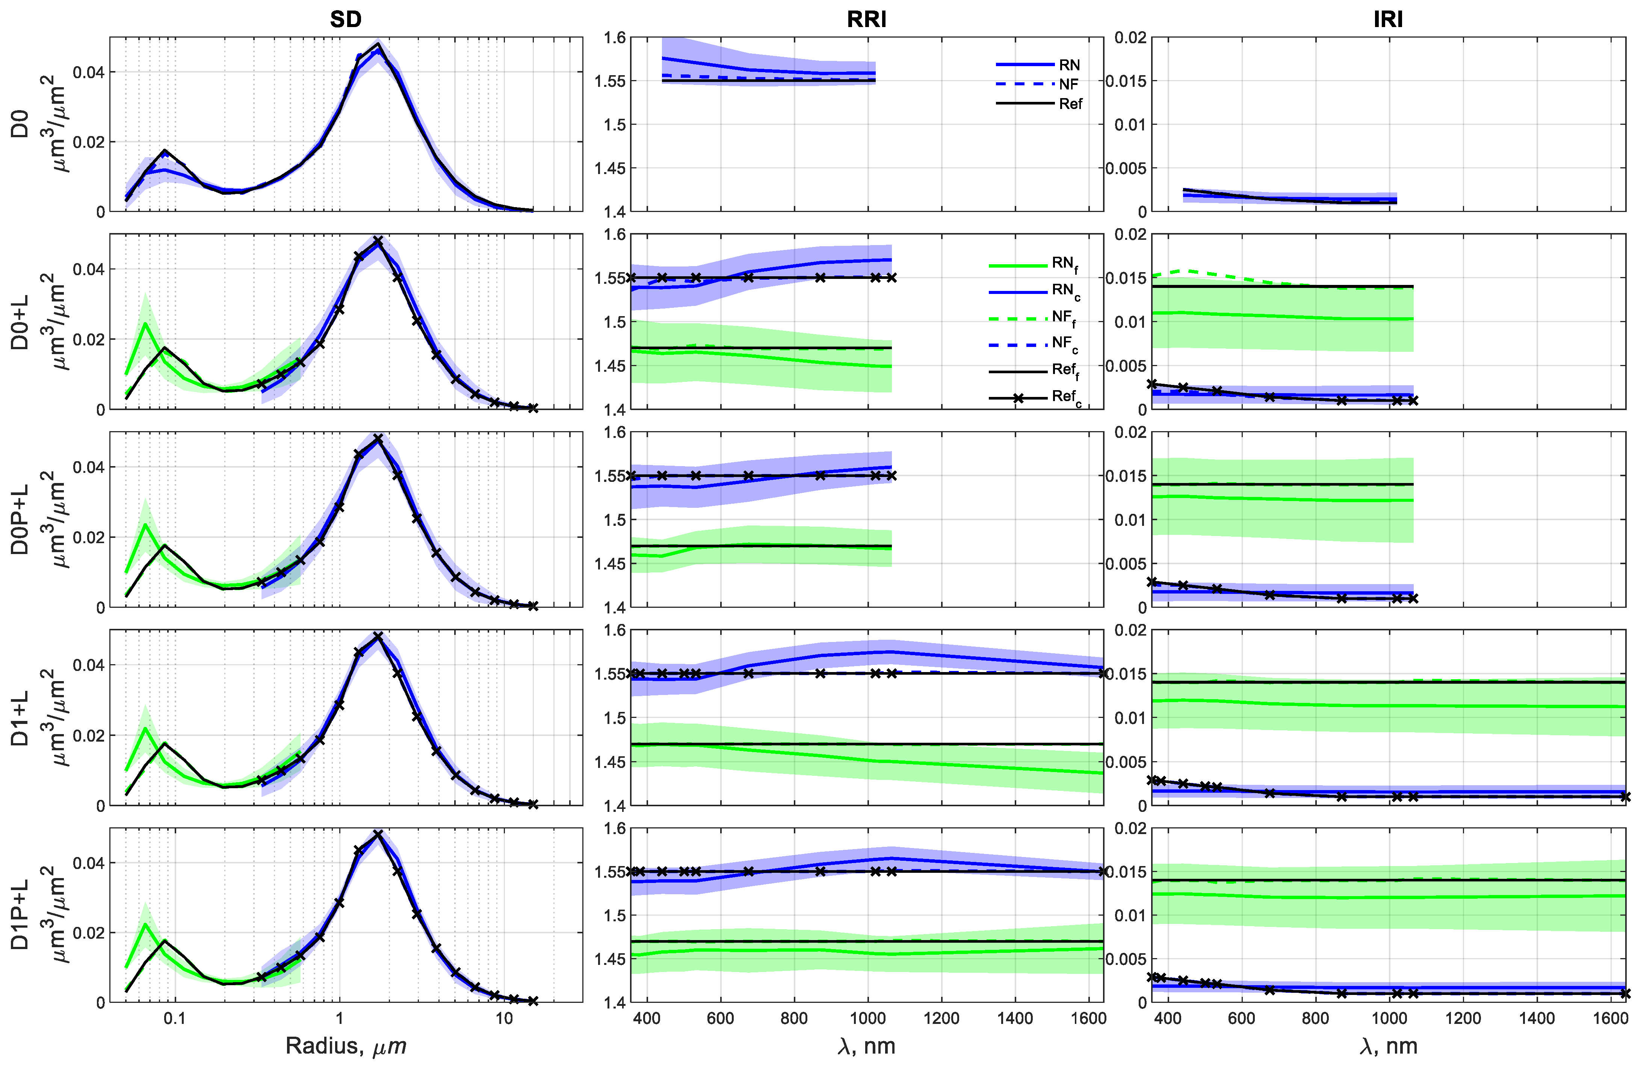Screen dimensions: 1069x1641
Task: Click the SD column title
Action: pyautogui.click(x=345, y=19)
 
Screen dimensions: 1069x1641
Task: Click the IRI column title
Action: pyautogui.click(x=1387, y=19)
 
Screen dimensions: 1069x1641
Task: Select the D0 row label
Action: pyautogui.click(x=21, y=124)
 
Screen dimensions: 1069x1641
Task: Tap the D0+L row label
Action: pyautogui.click(x=21, y=322)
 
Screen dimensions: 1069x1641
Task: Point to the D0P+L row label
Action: pyautogui.click(x=21, y=519)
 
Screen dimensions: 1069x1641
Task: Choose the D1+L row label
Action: pyautogui.click(x=21, y=717)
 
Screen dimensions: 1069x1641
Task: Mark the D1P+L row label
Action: pyautogui.click(x=21, y=915)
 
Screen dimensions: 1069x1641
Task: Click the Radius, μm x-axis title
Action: pyautogui.click(x=345, y=1046)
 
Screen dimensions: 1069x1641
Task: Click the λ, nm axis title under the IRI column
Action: pyautogui.click(x=1387, y=1046)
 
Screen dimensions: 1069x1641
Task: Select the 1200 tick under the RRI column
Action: pyautogui.click(x=941, y=1019)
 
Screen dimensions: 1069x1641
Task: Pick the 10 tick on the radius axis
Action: pyautogui.click(x=504, y=1019)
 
